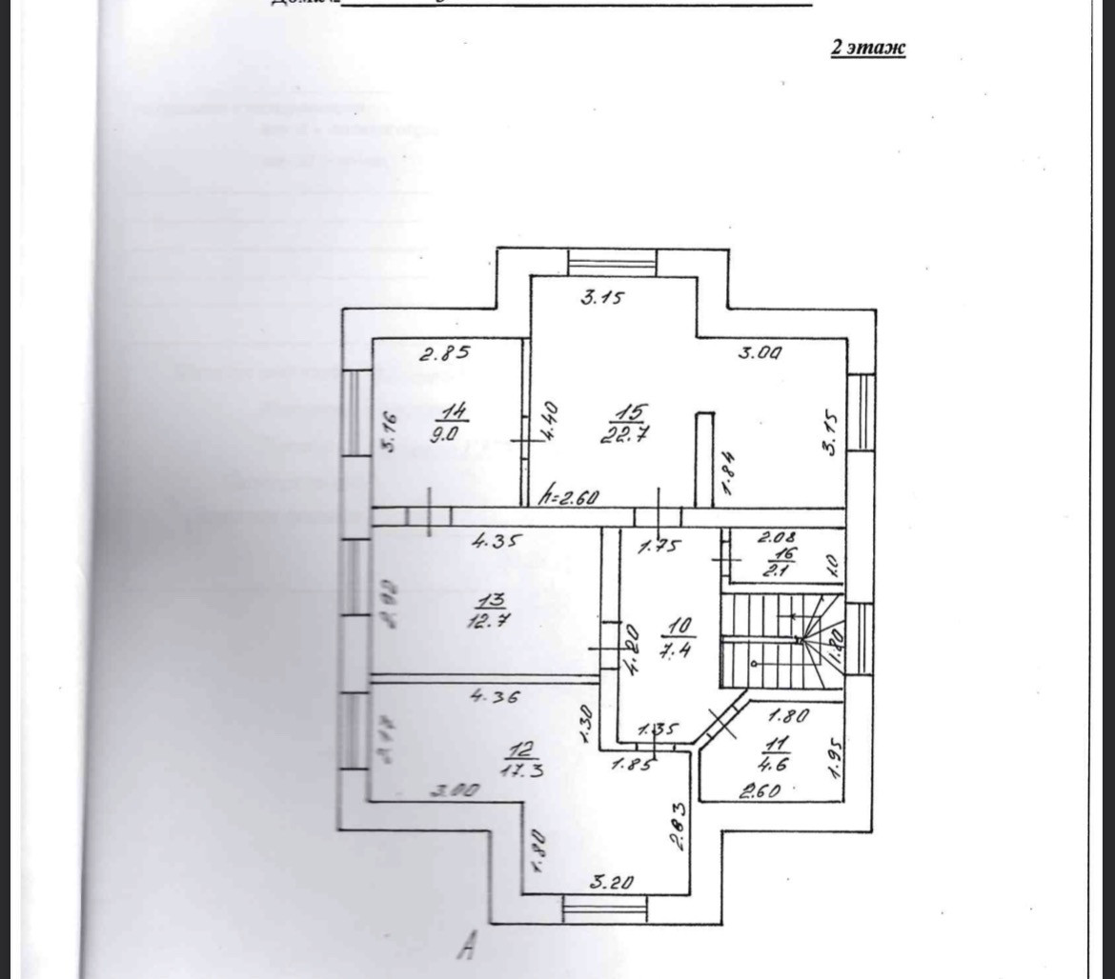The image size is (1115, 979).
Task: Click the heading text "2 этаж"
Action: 868,48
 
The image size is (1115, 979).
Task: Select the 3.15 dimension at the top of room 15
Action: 601,298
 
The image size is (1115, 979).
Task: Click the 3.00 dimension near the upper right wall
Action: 760,353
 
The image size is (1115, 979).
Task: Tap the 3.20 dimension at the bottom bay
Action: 612,883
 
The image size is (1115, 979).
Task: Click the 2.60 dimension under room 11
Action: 760,789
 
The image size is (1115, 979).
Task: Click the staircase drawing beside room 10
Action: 781,641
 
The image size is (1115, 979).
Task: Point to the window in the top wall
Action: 611,261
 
